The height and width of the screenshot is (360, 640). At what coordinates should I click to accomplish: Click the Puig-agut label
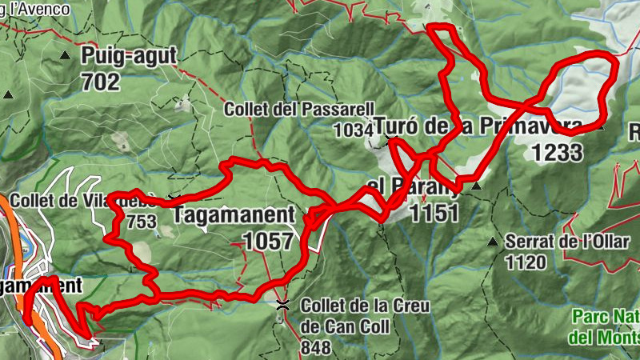click(128, 56)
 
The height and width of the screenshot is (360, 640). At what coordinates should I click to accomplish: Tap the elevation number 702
click(100, 82)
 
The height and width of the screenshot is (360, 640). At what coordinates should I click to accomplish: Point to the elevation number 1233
click(556, 152)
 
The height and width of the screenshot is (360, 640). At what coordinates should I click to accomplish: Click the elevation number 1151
click(433, 213)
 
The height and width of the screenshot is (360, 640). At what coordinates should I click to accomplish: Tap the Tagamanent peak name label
click(234, 216)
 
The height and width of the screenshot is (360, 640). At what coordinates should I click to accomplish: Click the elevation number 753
click(141, 222)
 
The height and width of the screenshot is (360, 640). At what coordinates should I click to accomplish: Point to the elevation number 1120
click(526, 261)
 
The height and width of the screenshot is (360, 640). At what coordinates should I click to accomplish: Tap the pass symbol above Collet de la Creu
click(282, 305)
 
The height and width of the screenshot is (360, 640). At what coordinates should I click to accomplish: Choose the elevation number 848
click(315, 348)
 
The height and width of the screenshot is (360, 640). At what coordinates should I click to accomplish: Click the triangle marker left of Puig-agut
click(65, 55)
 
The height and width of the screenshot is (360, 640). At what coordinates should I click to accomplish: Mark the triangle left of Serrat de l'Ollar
click(493, 241)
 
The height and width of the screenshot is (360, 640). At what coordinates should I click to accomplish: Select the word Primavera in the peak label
click(530, 126)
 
